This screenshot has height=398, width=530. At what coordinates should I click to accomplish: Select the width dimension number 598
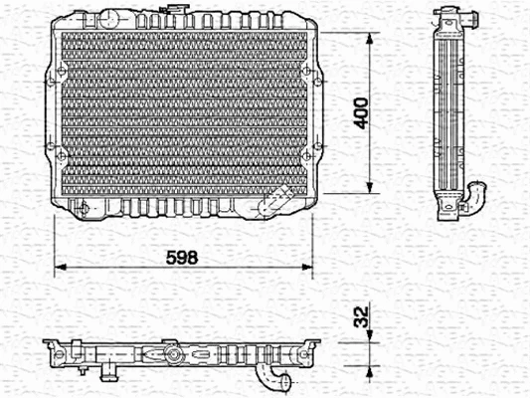coord(181,256)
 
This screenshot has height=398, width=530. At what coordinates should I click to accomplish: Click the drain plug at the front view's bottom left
coord(88,208)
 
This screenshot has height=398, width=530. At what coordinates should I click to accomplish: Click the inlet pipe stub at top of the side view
coord(447,19)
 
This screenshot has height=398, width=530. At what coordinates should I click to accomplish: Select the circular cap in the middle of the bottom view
coord(175,355)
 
